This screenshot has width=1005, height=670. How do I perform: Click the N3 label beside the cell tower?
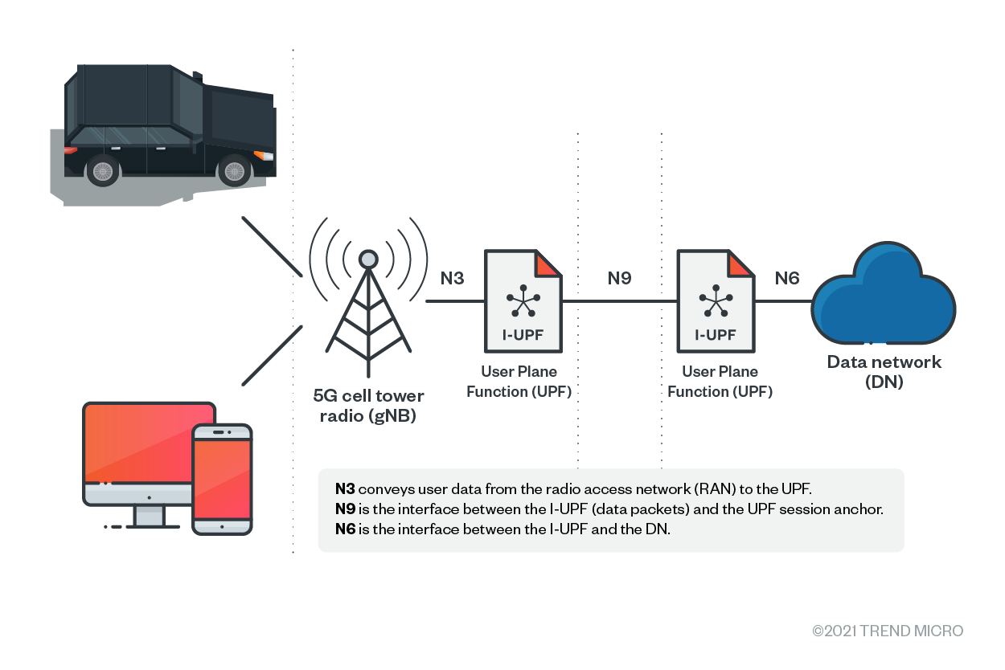coord(452,279)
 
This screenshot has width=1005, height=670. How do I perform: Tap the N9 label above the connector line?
coord(619,279)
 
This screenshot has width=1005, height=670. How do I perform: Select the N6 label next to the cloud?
coord(786,279)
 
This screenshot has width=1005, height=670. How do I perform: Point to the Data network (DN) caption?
coord(884,372)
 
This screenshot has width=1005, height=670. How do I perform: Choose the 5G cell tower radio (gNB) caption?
coord(368,406)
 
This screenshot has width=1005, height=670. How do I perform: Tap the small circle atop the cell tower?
coord(368,259)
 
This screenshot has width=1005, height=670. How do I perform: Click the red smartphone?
coord(223,479)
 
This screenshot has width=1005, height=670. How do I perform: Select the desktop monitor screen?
coord(150,442)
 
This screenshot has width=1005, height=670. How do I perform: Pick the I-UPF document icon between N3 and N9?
coord(523,301)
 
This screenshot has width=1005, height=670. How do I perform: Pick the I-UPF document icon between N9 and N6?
coord(716,301)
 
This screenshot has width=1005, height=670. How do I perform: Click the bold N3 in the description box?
coord(345,488)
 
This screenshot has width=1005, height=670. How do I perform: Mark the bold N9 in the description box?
coord(345,509)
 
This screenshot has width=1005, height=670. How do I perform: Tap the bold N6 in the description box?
coord(345,529)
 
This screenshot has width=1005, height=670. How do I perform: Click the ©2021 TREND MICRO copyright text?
coord(888,631)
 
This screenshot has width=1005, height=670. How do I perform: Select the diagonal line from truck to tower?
coord(272,246)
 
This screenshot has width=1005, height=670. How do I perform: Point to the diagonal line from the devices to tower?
coord(272,354)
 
